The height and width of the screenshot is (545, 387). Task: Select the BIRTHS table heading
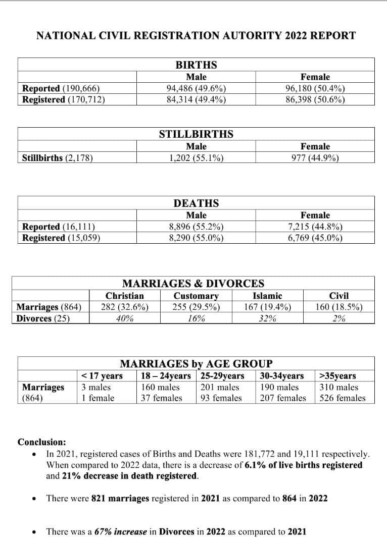(x=196, y=65)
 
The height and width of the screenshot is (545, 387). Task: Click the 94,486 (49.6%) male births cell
(x=196, y=89)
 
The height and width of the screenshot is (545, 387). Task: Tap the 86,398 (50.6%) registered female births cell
(x=315, y=99)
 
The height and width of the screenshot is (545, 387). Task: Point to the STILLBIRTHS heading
(x=196, y=134)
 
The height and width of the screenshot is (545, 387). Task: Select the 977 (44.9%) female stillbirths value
(x=315, y=157)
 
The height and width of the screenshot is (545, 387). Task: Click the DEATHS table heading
(x=196, y=203)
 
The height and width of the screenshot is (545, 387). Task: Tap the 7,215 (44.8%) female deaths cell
(x=315, y=227)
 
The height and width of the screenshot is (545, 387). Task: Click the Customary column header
(x=196, y=296)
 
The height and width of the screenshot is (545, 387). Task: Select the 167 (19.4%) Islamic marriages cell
(x=267, y=307)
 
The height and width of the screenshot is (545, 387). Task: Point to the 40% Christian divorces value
(x=125, y=318)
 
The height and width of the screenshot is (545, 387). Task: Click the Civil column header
(x=339, y=296)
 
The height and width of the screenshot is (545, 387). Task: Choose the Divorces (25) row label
(x=43, y=318)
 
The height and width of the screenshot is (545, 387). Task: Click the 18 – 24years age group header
(x=166, y=376)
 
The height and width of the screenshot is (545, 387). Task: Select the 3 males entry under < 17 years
(x=96, y=388)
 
